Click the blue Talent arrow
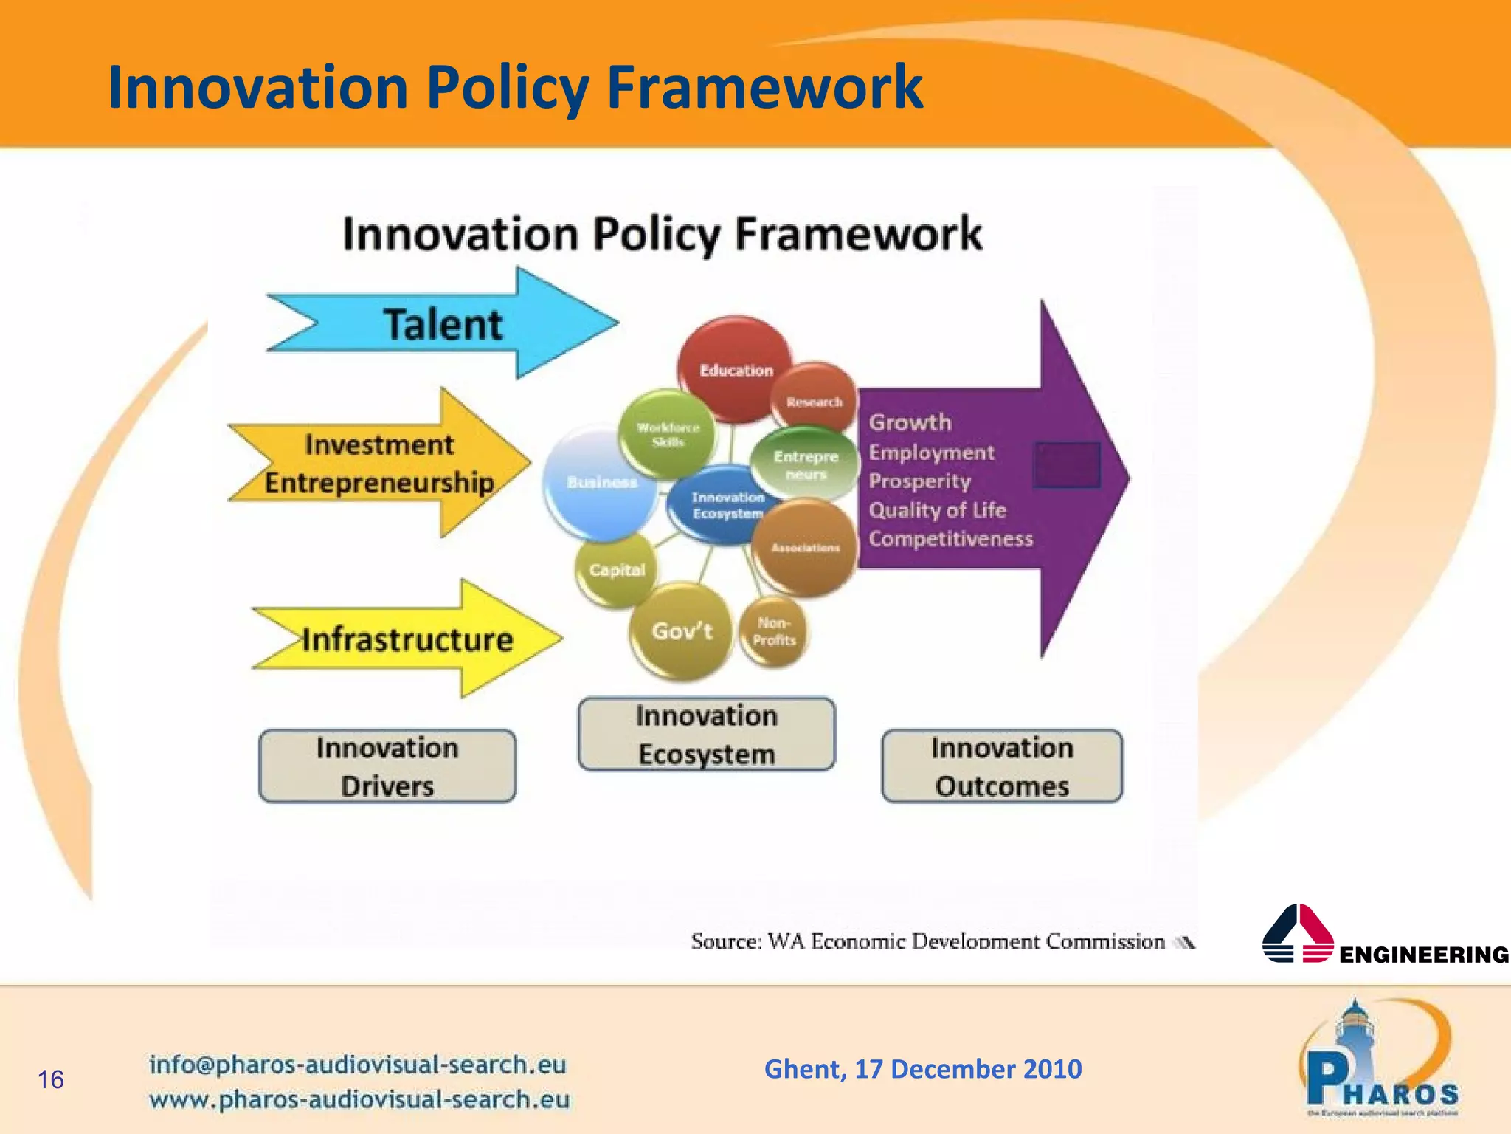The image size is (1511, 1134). (x=443, y=325)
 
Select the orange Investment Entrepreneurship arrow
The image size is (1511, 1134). (x=379, y=464)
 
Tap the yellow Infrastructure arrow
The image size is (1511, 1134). (x=407, y=639)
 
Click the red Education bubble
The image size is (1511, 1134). (x=736, y=369)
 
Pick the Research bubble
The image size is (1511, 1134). (x=815, y=401)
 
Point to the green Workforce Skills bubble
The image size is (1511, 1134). (x=668, y=435)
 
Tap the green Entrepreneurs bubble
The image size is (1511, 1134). (x=806, y=464)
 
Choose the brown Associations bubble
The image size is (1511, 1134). (x=806, y=548)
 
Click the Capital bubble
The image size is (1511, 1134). (x=616, y=570)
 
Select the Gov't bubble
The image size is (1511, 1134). (x=681, y=632)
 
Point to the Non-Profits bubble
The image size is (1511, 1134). (x=774, y=632)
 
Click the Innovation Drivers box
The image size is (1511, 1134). (x=387, y=766)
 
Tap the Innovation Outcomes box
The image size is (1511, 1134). (x=1002, y=766)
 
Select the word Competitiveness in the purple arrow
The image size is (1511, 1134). (x=950, y=539)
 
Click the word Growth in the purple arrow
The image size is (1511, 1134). (x=910, y=422)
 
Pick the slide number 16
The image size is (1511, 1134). (x=51, y=1079)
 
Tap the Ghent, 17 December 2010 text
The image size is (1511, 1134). (x=923, y=1069)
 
